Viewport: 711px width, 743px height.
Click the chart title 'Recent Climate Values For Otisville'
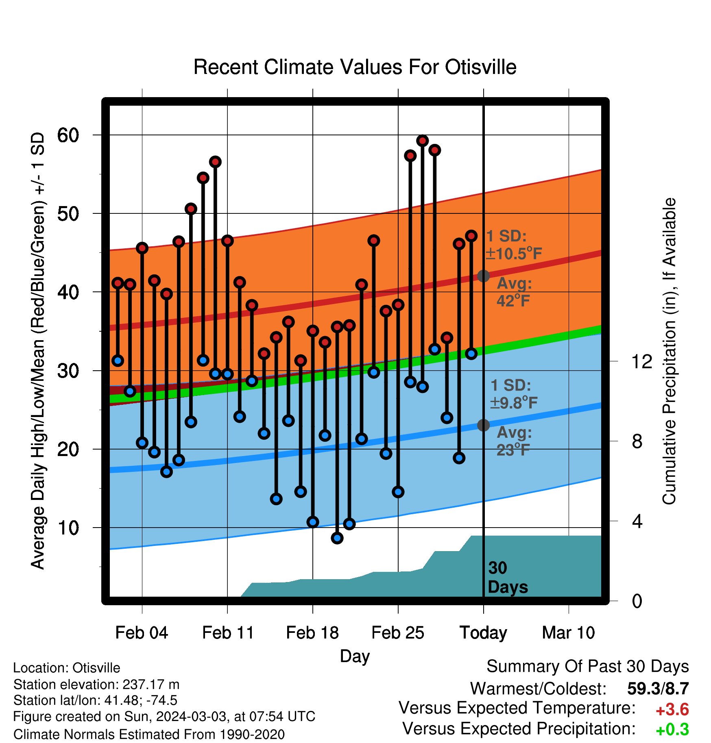(355, 67)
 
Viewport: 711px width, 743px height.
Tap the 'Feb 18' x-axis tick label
(312, 633)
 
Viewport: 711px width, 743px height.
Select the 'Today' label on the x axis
(483, 633)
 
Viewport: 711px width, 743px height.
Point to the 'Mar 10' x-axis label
(568, 633)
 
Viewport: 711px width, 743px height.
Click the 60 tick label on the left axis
(68, 135)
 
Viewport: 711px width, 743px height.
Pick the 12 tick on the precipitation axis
(642, 361)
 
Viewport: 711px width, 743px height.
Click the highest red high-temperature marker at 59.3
(422, 141)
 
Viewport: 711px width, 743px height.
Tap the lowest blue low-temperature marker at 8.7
(337, 538)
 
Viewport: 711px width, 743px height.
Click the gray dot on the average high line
(483, 276)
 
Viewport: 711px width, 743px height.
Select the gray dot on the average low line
(483, 425)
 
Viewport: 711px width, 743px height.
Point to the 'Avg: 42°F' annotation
(514, 292)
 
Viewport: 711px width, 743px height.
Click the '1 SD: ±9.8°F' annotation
(514, 394)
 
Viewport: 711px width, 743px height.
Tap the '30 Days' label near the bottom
(508, 578)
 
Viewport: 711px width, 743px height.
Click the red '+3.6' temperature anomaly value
(672, 710)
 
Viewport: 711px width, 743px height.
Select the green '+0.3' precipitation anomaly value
(672, 730)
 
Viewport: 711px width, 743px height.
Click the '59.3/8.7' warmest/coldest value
(658, 689)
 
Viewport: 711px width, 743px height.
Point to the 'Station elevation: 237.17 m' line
(96, 684)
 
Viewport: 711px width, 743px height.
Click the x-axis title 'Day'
(355, 656)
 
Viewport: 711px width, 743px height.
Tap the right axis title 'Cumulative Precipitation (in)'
(669, 351)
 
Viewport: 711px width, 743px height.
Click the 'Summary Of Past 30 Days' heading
(588, 667)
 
